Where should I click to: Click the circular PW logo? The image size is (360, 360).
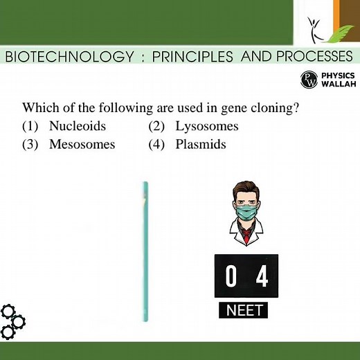coord(309,80)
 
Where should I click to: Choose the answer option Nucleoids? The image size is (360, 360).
coord(77,126)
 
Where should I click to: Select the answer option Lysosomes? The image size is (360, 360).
coord(206,126)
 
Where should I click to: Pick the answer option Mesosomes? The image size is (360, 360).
coord(82,145)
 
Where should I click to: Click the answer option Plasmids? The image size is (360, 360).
coord(201,145)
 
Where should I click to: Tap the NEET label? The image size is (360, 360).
coord(246,310)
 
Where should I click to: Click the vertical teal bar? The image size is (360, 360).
coord(145,253)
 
